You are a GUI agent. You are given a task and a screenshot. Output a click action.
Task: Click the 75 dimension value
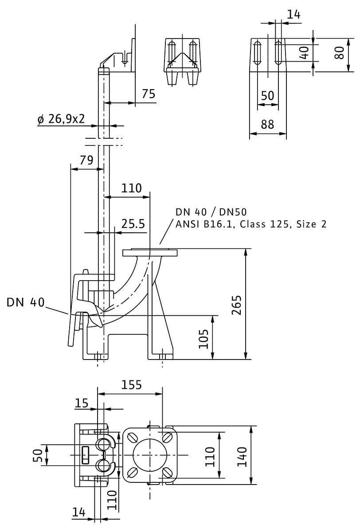coord(149,94)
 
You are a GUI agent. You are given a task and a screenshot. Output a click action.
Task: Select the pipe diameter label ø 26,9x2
coord(62,119)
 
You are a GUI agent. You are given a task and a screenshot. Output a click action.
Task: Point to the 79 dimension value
coord(86,160)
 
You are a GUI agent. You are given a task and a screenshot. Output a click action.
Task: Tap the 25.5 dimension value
coord(133,224)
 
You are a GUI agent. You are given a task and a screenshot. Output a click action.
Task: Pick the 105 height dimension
coord(203,339)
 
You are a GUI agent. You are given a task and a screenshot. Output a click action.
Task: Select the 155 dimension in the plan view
coord(132,385)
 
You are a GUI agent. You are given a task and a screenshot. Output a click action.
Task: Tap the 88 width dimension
coord(267,125)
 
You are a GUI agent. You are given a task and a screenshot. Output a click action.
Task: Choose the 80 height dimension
coord(340,53)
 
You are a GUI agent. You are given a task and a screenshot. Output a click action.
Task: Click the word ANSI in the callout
coord(187,224)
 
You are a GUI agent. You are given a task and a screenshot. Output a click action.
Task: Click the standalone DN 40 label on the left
coord(26,302)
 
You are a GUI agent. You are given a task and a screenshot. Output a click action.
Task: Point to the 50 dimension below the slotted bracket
coord(267,96)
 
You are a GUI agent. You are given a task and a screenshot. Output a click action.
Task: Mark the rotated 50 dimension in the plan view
coord(39,456)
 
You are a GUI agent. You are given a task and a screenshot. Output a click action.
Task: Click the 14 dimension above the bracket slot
coord(293,14)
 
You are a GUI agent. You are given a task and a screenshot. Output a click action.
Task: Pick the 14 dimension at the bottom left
coord(79,512)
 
